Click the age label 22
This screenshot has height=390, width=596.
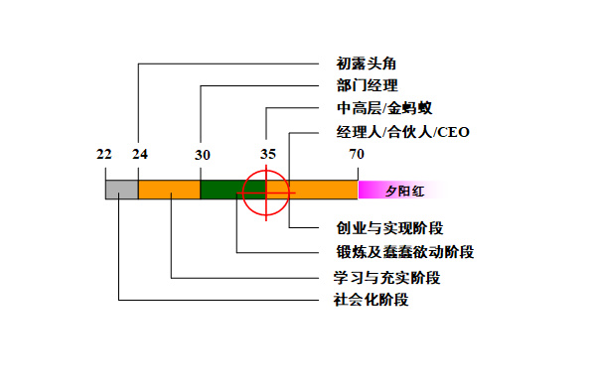104,155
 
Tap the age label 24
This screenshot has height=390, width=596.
139,155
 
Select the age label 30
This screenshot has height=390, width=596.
203,155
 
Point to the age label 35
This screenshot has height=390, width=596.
268,154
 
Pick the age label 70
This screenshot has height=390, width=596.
357,155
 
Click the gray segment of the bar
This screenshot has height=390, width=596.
121,190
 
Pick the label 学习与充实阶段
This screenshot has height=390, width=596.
386,277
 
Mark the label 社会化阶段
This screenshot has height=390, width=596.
371,300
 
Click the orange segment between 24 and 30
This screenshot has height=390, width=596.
169,190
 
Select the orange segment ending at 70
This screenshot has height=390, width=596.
324,190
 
